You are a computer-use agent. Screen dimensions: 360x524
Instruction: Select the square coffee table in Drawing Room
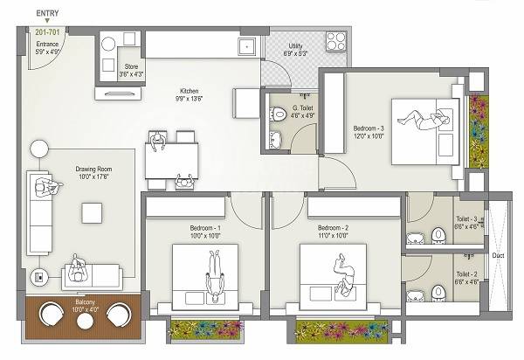tap(91, 212)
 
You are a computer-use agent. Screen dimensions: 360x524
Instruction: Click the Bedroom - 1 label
tap(206, 232)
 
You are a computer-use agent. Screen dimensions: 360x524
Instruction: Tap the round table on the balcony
tap(86, 320)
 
